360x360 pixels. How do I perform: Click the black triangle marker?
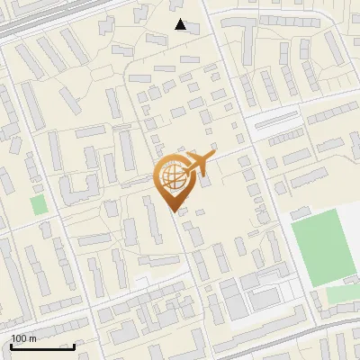pos(181,25)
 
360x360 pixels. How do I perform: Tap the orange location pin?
pos(173,180)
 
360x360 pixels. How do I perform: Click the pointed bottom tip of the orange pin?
pos(174,211)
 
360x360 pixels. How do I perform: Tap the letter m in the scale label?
pos(33,338)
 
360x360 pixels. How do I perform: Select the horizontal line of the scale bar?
pos(42,347)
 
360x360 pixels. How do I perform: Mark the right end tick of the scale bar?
pos(75,346)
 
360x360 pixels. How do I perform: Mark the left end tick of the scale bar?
pos(10,346)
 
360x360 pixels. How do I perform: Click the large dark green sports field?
pos(319,246)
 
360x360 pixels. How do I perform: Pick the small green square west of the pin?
pos(39,204)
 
